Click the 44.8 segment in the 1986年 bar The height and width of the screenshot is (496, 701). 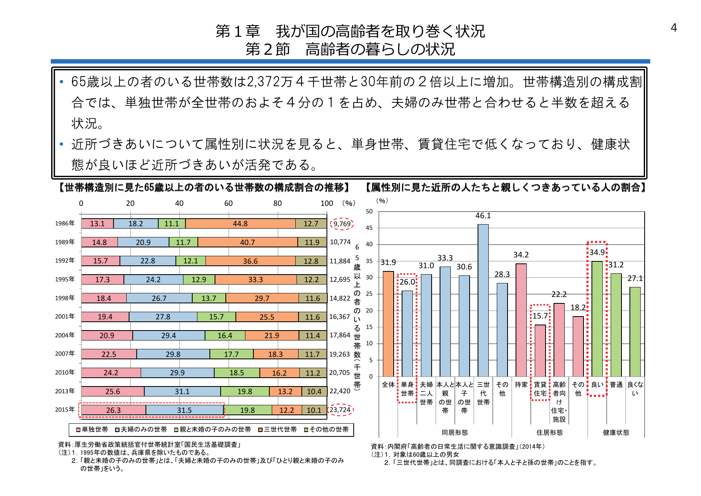tap(240, 224)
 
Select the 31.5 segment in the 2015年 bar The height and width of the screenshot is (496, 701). tap(184, 410)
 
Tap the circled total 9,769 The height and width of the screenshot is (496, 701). tap(342, 224)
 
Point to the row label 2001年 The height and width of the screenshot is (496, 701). tap(65, 317)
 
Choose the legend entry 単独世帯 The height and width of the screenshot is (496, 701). tap(92, 430)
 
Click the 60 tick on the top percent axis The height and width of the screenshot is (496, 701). tap(228, 203)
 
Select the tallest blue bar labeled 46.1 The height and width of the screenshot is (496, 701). tap(483, 300)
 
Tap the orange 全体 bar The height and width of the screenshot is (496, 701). tap(388, 324)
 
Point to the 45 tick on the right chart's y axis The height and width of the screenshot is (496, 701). tap(369, 228)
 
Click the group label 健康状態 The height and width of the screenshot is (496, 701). tap(615, 432)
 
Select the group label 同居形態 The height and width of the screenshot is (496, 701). tap(454, 432)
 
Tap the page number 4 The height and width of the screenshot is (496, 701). tap(673, 28)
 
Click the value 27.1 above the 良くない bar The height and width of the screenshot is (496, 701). tap(635, 278)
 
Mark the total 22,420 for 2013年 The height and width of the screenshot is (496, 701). tap(340, 391)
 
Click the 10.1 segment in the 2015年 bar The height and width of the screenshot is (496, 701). tap(314, 410)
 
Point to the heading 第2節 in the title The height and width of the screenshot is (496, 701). tap(267, 50)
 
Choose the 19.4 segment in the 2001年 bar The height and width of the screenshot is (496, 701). tap(105, 317)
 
